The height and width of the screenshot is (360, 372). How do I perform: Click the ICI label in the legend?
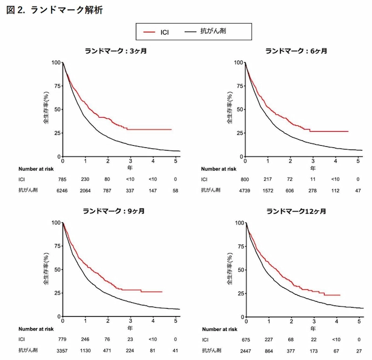(x=166, y=33)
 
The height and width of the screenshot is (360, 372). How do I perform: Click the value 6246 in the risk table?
(x=63, y=190)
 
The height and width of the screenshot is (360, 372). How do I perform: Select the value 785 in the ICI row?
(x=63, y=179)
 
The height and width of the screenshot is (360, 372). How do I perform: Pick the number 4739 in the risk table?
(x=245, y=190)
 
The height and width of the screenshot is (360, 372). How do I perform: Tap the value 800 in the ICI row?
(x=245, y=179)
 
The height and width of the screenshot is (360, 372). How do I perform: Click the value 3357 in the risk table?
(x=63, y=350)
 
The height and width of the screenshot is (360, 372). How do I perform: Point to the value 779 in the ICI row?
(x=63, y=339)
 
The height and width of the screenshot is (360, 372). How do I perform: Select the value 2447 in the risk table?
(x=245, y=350)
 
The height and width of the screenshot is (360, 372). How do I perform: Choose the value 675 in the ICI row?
(x=245, y=339)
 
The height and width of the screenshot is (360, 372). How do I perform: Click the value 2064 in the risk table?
(x=86, y=190)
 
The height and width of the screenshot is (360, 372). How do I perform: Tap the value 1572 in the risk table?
(x=268, y=190)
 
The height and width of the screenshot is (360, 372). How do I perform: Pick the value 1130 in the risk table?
(x=86, y=350)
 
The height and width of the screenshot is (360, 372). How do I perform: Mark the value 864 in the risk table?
(x=268, y=350)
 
